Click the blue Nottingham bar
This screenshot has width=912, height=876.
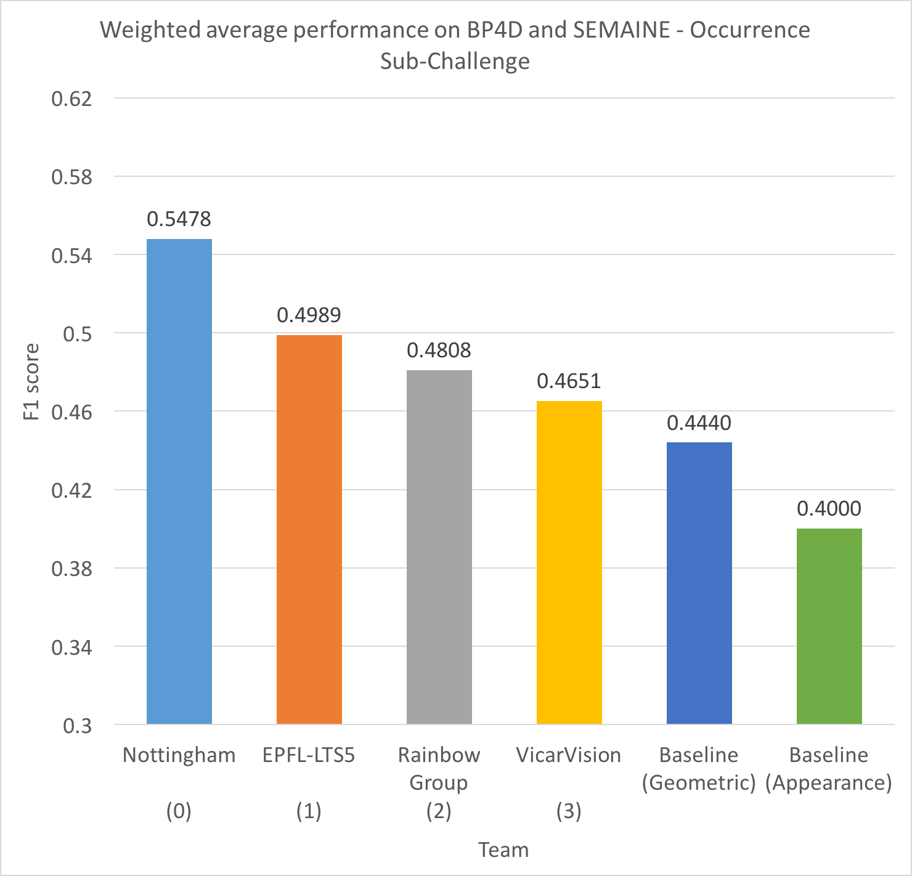coord(179,481)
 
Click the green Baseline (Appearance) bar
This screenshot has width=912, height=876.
coord(829,626)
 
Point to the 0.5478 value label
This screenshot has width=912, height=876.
coord(179,219)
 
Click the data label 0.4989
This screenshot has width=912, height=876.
coord(309,315)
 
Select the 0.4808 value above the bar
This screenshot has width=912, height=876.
coord(439,351)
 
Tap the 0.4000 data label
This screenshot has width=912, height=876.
coord(829,509)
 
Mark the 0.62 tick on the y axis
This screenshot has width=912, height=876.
coord(72,99)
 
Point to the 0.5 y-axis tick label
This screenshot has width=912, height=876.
coord(78,334)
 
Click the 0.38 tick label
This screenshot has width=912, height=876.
coord(72,569)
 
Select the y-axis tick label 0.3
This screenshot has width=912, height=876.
coord(78,726)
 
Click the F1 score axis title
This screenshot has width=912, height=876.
coord(31,382)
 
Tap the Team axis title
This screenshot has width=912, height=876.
coord(503,850)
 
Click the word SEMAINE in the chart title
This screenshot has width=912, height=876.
coord(622,30)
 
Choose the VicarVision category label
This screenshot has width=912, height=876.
coord(569,755)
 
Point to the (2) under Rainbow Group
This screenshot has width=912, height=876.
coord(439,811)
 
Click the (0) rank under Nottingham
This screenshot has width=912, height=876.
coord(179,811)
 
